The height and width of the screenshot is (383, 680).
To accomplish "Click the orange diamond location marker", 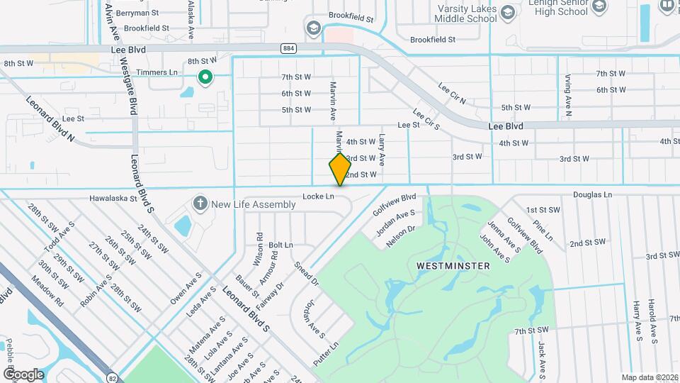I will click(340, 169).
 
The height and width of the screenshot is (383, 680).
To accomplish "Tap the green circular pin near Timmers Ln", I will click(205, 77).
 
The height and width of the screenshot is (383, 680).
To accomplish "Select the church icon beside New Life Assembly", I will click(200, 204).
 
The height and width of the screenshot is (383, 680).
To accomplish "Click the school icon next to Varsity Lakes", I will click(508, 13).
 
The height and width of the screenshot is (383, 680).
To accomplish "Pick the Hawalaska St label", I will click(113, 199).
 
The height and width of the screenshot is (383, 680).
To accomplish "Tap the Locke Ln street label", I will click(317, 196).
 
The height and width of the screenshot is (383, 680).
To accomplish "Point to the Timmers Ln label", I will click(159, 72).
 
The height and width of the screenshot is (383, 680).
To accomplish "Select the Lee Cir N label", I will click(452, 94).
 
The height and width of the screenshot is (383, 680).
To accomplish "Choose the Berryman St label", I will click(138, 13).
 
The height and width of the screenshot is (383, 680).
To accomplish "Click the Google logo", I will click(23, 374).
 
